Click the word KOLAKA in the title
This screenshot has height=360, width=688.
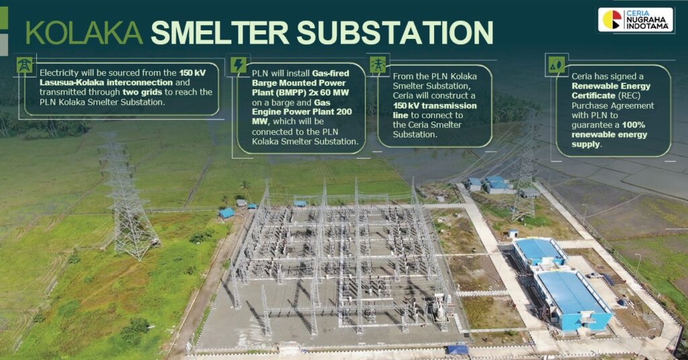tap(84, 32)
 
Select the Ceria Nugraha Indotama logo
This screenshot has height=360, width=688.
tap(636, 19)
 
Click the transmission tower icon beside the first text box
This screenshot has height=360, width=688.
tap(25, 65)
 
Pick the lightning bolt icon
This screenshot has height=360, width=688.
tap(239, 65)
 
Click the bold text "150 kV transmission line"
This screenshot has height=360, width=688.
tap(435, 110)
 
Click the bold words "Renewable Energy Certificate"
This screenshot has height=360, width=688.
tap(611, 91)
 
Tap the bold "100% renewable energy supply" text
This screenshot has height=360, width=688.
tap(609, 134)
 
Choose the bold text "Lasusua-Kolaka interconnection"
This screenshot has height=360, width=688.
tap(106, 83)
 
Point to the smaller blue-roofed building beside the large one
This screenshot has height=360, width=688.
tap(539, 252)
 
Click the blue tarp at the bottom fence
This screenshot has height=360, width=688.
tap(457, 349)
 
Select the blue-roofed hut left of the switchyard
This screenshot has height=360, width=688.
tap(227, 213)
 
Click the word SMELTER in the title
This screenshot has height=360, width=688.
tap(220, 32)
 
